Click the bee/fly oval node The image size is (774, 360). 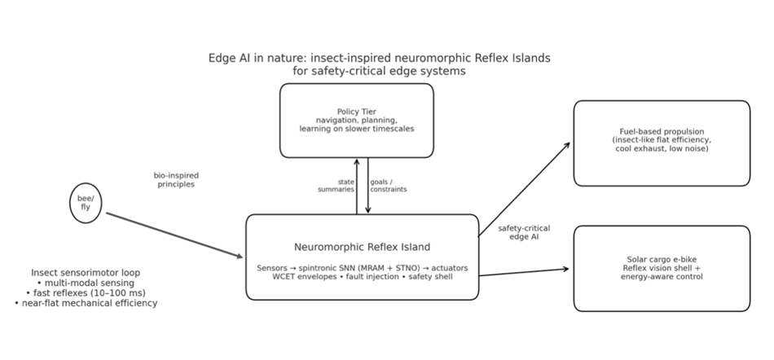click(x=86, y=203)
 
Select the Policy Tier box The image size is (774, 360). click(x=356, y=121)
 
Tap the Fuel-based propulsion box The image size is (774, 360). click(x=661, y=143)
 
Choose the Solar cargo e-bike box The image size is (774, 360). click(x=661, y=268)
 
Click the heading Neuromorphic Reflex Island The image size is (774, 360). click(x=362, y=247)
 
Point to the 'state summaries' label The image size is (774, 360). click(x=336, y=186)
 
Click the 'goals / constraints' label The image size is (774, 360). click(x=388, y=186)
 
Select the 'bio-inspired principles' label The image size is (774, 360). click(x=176, y=179)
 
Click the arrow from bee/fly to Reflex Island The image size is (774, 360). click(x=174, y=235)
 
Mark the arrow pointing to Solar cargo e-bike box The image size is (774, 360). click(x=523, y=272)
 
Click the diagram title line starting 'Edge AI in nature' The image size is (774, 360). click(x=380, y=59)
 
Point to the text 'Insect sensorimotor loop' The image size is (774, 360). click(x=86, y=272)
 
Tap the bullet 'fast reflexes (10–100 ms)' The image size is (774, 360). click(x=86, y=292)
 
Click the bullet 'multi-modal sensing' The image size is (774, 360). click(x=86, y=282)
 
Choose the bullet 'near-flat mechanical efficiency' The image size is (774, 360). click(x=86, y=303)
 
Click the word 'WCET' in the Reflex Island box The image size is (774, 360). click(x=285, y=277)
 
